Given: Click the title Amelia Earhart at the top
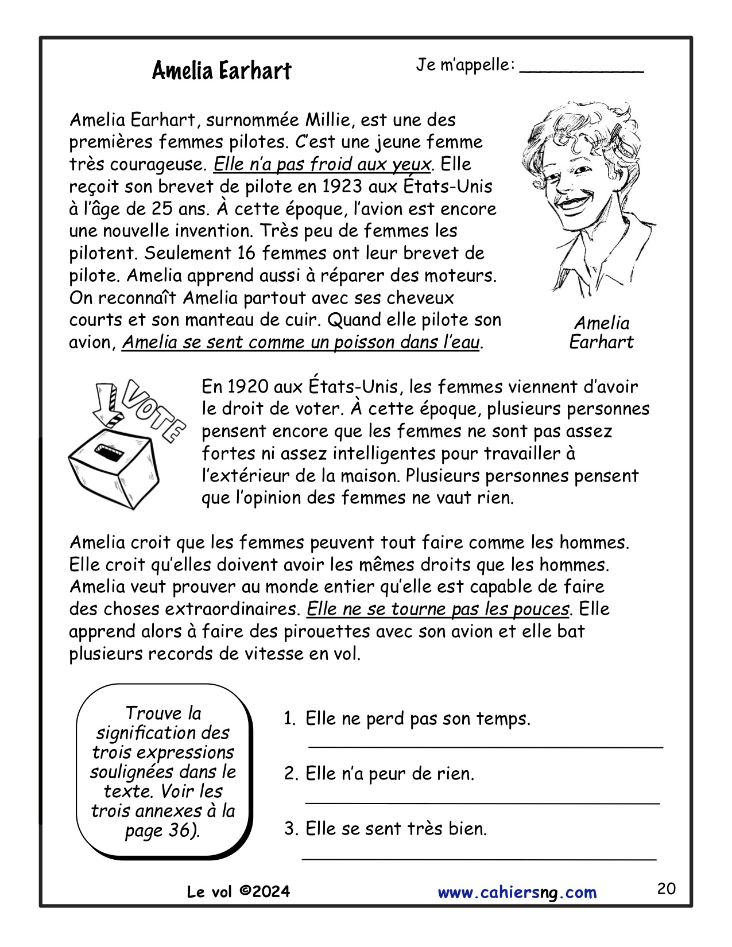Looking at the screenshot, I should click(222, 71).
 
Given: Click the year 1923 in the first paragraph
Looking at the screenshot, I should click(342, 187).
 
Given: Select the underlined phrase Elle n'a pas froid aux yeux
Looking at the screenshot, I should click(322, 165).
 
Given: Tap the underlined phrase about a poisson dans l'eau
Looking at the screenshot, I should click(301, 342).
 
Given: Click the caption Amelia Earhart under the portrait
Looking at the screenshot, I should click(601, 332).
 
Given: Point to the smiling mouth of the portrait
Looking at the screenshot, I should click(574, 201).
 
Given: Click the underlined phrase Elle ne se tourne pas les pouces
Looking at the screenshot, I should click(438, 609).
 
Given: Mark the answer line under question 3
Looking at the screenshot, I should click(479, 857).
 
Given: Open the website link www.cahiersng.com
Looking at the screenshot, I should click(517, 892).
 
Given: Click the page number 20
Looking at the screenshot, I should click(666, 889).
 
